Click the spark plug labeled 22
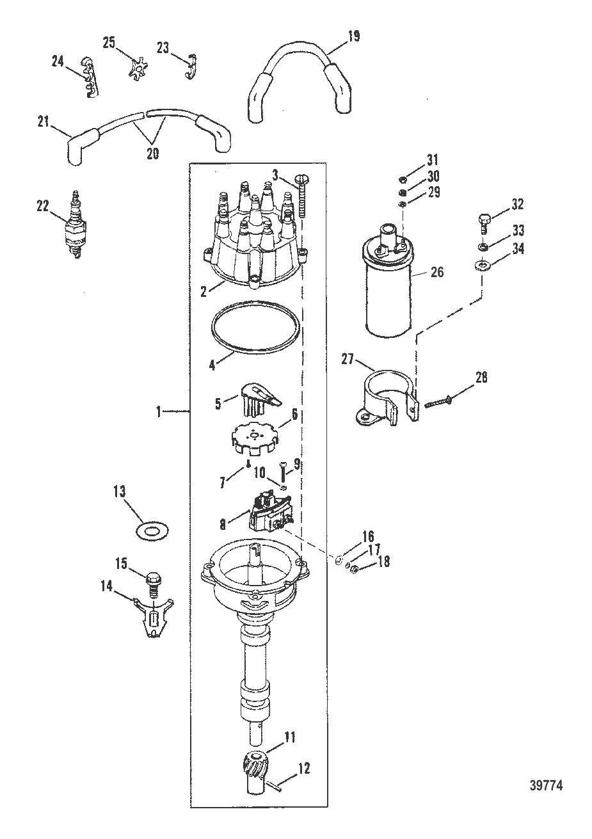tap(74, 227)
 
